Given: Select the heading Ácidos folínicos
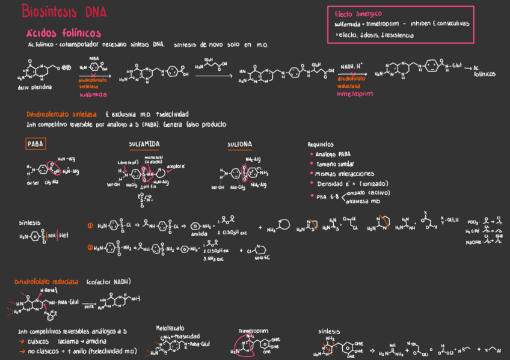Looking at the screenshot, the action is pyautogui.click(x=63, y=33).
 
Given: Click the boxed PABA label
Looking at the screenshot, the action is pyautogui.click(x=35, y=144).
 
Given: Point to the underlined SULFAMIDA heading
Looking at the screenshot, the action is pyautogui.click(x=144, y=144).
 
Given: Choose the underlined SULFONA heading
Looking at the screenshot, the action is pyautogui.click(x=239, y=144).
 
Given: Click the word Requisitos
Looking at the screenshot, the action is pyautogui.click(x=321, y=144).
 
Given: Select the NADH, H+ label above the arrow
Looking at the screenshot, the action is pyautogui.click(x=351, y=66).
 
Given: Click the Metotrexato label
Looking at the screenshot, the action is pyautogui.click(x=170, y=329).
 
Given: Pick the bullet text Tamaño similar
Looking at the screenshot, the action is pyautogui.click(x=334, y=164).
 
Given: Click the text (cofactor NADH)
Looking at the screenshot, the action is pyautogui.click(x=108, y=282).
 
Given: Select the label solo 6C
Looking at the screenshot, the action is pyautogui.click(x=260, y=257).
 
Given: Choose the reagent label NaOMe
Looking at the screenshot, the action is pyautogui.click(x=473, y=242).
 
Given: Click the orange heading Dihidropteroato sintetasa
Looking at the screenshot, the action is pyautogui.click(x=63, y=114).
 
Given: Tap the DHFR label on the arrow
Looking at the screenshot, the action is pyautogui.click(x=89, y=305).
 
